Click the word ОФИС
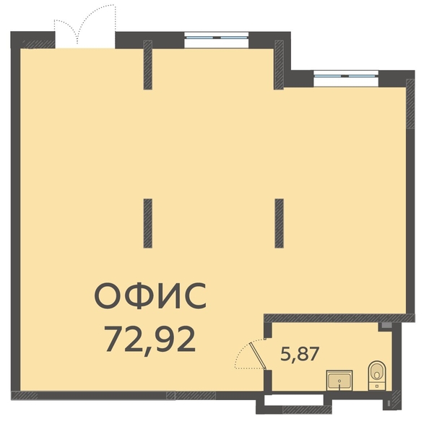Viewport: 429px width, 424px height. [x=150, y=297]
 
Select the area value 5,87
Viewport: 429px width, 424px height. [x=300, y=354]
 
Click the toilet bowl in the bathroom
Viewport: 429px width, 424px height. [x=377, y=371]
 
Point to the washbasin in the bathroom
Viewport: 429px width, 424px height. [x=339, y=381]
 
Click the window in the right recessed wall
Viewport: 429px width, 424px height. [x=346, y=78]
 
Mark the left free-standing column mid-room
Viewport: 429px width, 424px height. [x=148, y=223]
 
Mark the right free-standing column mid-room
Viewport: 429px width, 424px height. [x=279, y=223]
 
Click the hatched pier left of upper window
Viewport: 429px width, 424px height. [x=148, y=65]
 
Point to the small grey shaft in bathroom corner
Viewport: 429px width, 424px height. [x=385, y=326]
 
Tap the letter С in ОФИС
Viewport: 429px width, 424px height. [x=194, y=297]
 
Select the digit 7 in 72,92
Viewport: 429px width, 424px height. [x=114, y=339]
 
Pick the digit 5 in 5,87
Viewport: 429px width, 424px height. [x=285, y=354]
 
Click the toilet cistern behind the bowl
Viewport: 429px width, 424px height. [x=377, y=386]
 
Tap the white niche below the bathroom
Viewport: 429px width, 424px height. [x=294, y=399]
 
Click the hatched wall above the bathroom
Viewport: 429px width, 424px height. [x=339, y=318]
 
